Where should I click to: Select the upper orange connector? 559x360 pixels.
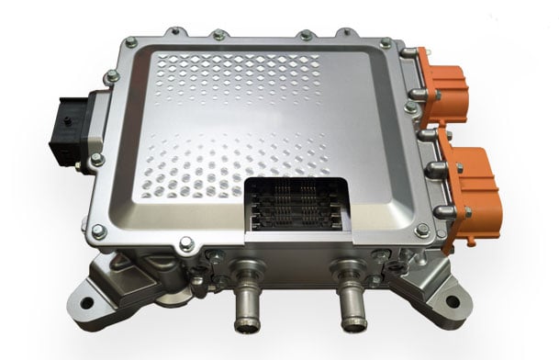(447, 89)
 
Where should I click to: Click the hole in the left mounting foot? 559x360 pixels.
(87, 302)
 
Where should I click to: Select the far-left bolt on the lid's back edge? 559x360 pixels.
(132, 42)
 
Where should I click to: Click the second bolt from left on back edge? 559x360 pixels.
(218, 36)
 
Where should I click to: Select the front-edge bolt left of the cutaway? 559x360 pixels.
(187, 243)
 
